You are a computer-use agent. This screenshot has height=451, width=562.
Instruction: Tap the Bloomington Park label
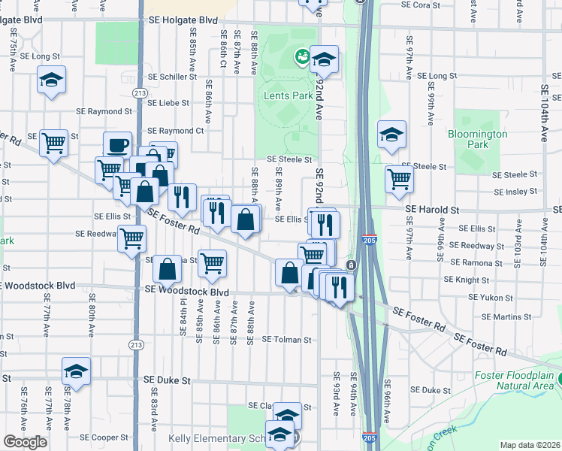[x=478, y=139]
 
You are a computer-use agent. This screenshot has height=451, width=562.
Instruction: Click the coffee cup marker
[x=116, y=145]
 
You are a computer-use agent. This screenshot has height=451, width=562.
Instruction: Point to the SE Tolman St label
[x=286, y=340]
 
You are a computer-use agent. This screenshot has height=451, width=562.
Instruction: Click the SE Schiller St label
[x=172, y=77]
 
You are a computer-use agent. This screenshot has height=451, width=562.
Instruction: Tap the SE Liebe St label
[x=168, y=103]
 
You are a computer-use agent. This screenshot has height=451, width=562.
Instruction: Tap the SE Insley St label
[x=516, y=192]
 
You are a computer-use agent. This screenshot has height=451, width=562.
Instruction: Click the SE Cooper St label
[x=104, y=437]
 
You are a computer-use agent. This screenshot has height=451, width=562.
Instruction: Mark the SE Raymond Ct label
[x=177, y=131]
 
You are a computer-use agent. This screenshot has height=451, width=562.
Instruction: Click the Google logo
[x=25, y=442]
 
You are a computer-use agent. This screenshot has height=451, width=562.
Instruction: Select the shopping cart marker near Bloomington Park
[x=399, y=180]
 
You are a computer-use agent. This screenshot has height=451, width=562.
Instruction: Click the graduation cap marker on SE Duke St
[x=76, y=371]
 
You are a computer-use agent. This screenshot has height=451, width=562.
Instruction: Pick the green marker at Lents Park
[x=302, y=56]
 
